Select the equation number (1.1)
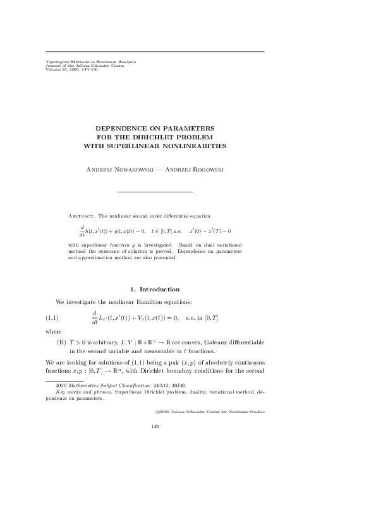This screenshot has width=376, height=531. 52,317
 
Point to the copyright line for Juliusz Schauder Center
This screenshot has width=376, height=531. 210,411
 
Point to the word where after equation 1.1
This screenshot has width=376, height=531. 53,330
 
